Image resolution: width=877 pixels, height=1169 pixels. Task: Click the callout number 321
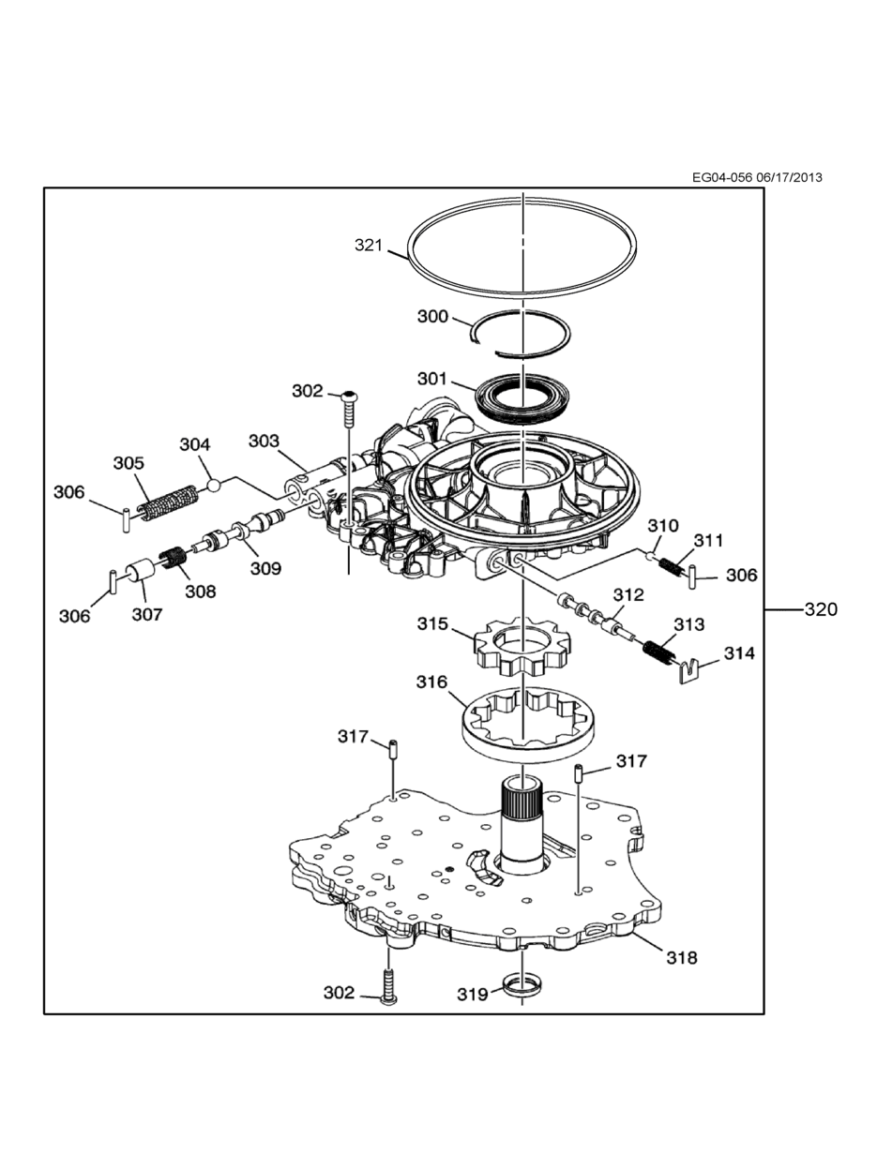369,246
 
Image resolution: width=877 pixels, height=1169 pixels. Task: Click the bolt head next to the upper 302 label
349,396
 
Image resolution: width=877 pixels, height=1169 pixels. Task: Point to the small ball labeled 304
213,486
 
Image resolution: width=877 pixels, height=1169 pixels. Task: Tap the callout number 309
265,569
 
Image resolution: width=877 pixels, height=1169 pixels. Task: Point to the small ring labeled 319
522,988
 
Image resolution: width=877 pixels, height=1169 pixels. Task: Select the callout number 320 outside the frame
821,609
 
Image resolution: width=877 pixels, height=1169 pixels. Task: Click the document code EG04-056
723,177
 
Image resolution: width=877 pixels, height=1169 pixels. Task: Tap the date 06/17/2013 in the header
790,177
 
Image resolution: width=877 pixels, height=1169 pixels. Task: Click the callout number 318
682,958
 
